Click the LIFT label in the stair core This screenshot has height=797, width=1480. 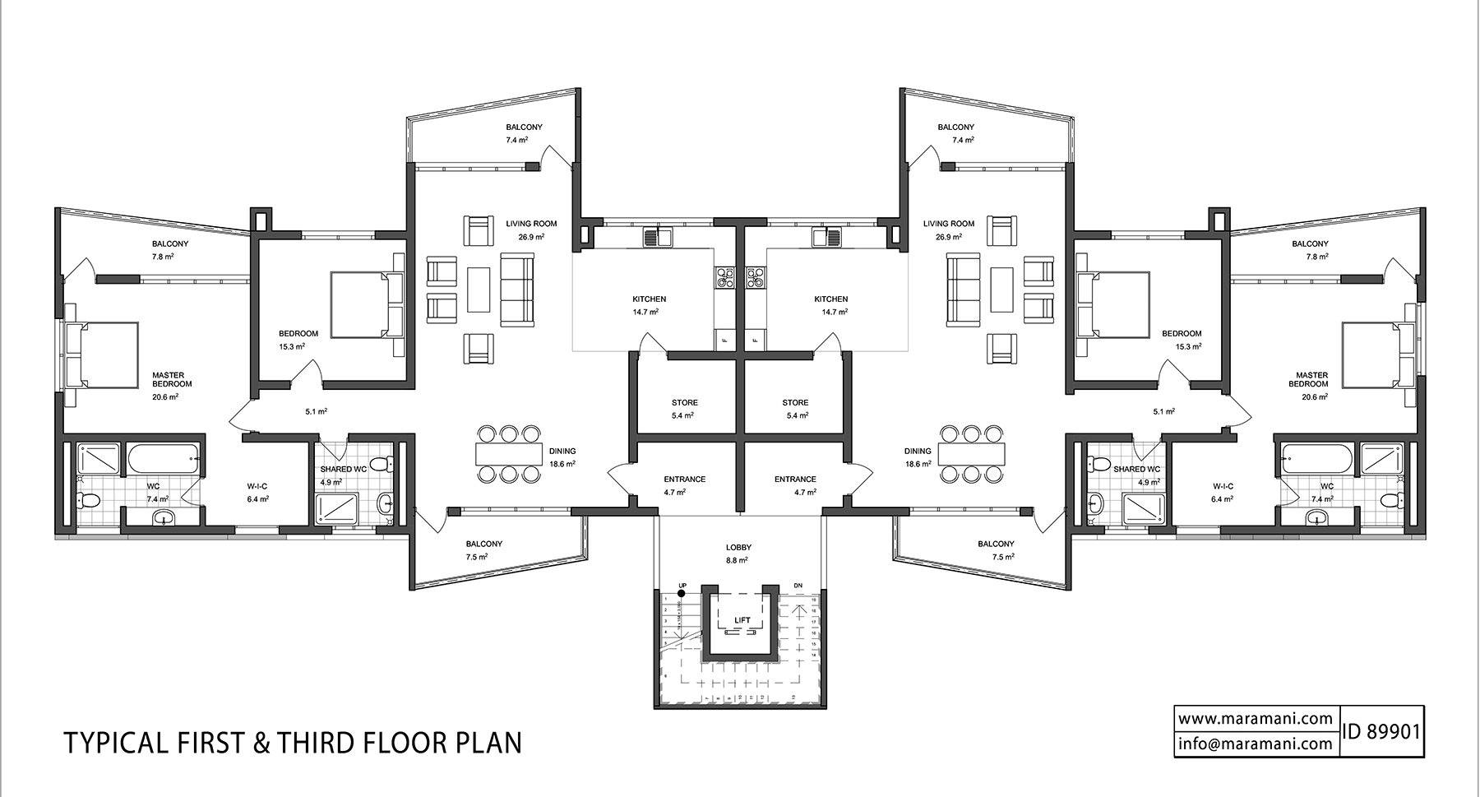coord(742,620)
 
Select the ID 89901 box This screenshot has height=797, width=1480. coord(1381,731)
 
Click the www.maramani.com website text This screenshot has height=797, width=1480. coord(1255,718)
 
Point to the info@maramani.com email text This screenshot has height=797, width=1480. coord(1255,744)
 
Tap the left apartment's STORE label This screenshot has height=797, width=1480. coord(684,403)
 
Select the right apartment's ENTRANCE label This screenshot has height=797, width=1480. coord(795,480)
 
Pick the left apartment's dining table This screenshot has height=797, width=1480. coord(508,453)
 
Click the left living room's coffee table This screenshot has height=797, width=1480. coord(479,290)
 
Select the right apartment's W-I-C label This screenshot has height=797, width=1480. coord(1222,486)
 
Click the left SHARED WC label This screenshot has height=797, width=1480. coord(343,470)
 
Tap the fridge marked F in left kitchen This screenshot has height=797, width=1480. coord(725,339)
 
